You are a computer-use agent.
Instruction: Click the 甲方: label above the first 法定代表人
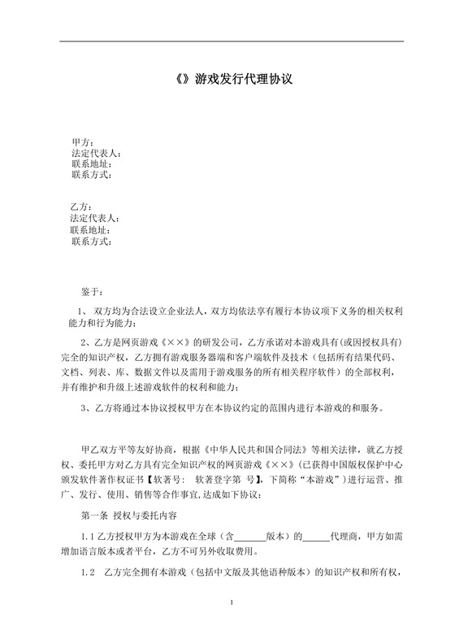pos(82,143)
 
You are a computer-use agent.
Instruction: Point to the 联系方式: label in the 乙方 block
pos(91,241)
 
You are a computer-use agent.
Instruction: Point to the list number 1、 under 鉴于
pos(81,311)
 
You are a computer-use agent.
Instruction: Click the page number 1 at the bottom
pos(232,624)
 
